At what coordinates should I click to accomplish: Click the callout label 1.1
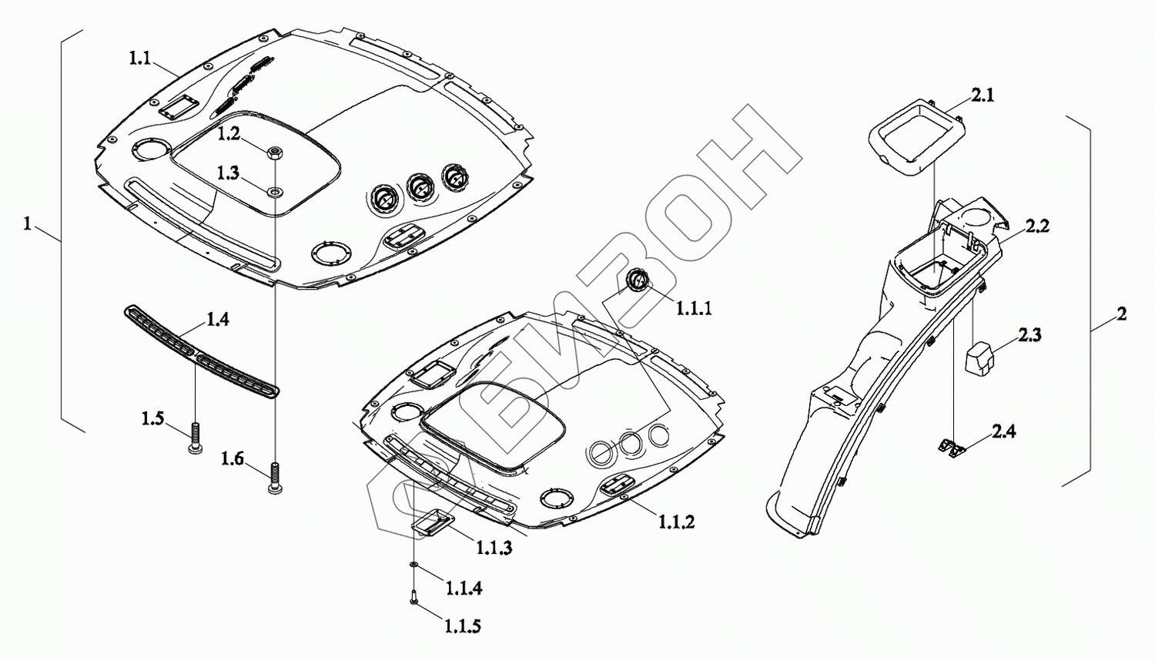point(139,59)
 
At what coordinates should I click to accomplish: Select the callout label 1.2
point(228,133)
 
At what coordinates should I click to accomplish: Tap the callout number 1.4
point(217,319)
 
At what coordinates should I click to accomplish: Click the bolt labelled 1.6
point(273,478)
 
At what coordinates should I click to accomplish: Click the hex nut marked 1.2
point(275,153)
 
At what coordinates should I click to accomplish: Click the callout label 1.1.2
point(676,522)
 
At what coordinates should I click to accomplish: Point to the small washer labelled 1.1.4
point(414,566)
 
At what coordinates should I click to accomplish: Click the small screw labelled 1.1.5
point(414,597)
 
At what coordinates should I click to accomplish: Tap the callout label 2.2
point(1036,226)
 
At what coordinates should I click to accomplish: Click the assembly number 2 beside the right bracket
point(1121,314)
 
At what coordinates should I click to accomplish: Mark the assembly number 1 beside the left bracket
point(28,224)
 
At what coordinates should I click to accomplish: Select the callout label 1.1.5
point(462,626)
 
